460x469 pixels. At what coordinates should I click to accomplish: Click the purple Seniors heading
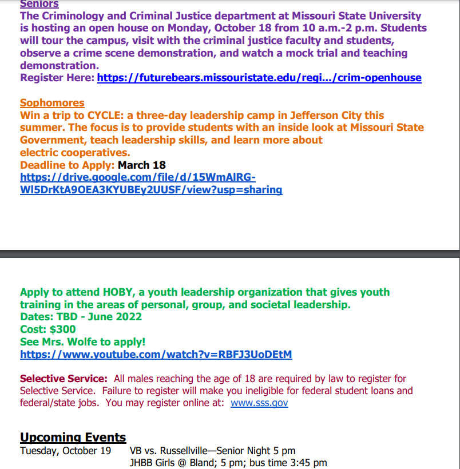click(39, 4)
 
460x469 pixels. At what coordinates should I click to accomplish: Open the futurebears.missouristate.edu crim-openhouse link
click(259, 78)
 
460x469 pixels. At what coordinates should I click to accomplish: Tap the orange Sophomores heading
click(52, 103)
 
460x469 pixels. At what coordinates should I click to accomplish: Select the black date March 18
click(142, 165)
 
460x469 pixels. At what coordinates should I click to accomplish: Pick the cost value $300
click(63, 329)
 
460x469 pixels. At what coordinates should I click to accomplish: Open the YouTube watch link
click(156, 355)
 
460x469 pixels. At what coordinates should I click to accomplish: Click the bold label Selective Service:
click(64, 379)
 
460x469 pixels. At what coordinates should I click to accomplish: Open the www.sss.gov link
click(259, 403)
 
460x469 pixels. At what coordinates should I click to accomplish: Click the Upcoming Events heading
click(73, 438)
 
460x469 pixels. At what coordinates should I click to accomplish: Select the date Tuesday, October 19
click(65, 451)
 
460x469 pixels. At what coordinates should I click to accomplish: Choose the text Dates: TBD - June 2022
click(81, 317)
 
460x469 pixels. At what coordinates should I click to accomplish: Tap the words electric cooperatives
click(75, 153)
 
